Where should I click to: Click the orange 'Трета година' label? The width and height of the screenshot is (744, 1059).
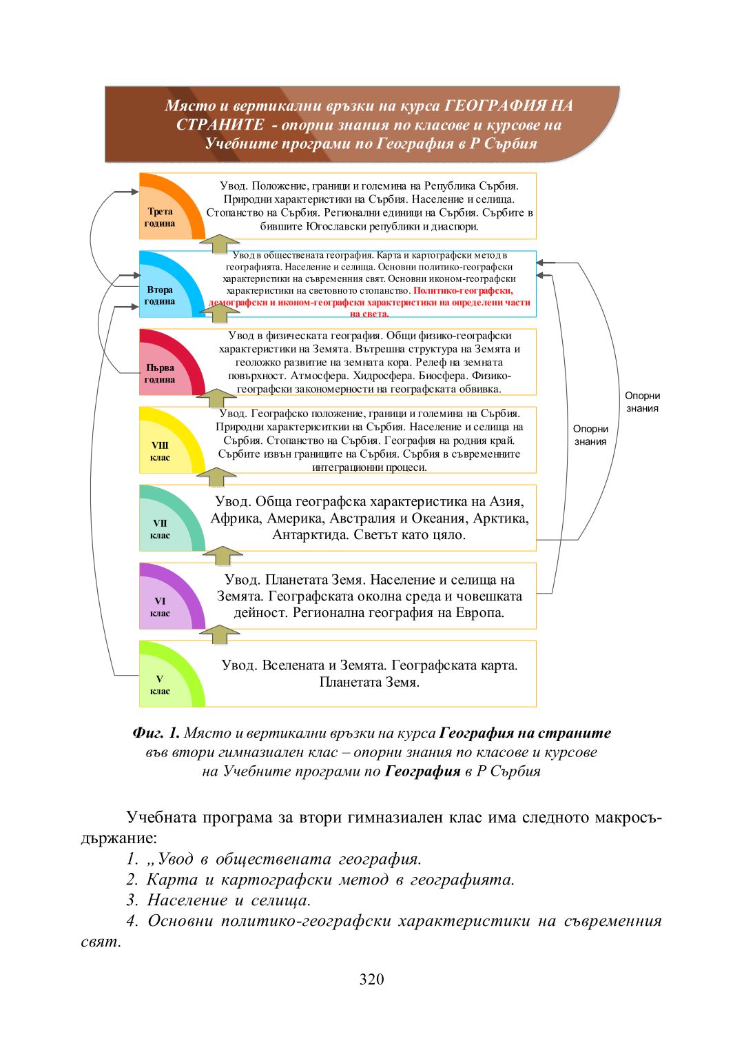160,217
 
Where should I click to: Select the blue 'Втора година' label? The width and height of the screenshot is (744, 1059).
160,295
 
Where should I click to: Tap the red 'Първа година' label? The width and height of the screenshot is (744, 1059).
160,373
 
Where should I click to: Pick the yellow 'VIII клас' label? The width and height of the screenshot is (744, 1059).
160,451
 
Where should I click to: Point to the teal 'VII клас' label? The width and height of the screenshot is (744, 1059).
160,529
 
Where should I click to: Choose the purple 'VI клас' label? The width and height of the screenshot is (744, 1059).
160,607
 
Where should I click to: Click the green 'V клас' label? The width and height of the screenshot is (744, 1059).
160,685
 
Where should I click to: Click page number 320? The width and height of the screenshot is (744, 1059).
371,979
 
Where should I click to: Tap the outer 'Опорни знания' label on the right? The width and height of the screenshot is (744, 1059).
642,402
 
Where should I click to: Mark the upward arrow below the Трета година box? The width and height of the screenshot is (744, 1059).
220,243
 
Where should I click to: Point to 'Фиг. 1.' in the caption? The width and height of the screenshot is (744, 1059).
156,733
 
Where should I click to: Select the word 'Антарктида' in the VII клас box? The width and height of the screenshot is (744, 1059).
309,535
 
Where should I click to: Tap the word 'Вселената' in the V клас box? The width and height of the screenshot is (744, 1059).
293,665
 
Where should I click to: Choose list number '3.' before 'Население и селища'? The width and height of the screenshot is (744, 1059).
132,900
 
